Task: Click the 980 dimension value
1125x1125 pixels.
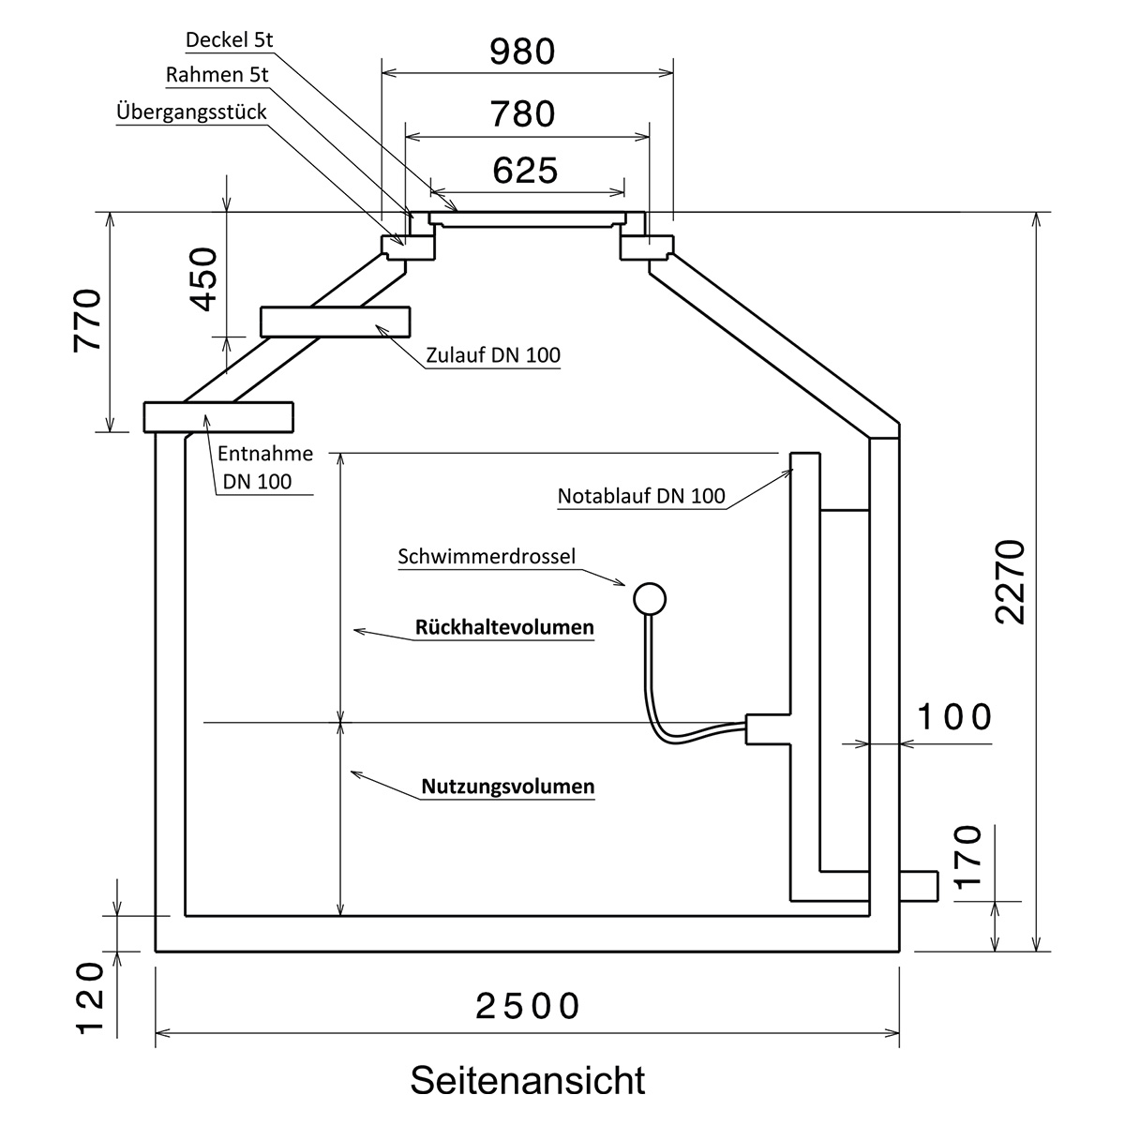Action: point(522,52)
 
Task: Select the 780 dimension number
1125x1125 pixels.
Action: point(522,113)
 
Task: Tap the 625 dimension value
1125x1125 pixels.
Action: point(525,171)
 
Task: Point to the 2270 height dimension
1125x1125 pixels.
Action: point(1010,582)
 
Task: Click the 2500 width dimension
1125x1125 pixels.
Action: point(528,1006)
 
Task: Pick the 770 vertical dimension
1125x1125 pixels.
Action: point(88,321)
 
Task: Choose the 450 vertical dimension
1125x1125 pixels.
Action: point(203,279)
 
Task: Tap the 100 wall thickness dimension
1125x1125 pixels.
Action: point(955,717)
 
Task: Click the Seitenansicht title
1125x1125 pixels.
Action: point(528,1080)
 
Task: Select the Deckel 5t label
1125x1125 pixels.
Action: point(230,39)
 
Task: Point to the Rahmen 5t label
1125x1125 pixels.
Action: point(217,75)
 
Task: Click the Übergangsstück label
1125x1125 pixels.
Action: point(191,112)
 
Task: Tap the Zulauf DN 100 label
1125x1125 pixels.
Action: point(493,355)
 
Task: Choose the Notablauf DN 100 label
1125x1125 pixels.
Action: point(641,496)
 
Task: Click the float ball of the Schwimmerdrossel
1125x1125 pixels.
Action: point(650,599)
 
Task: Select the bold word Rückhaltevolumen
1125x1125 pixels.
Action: point(504,627)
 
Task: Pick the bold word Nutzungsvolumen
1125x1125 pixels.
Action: point(508,787)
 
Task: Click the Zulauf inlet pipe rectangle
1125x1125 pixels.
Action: point(335,322)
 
